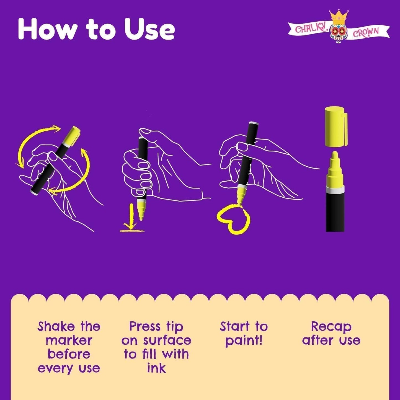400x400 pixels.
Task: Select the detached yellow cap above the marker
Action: (336, 126)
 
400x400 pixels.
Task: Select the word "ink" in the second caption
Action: (156, 368)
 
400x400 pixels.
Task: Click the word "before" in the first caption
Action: (69, 354)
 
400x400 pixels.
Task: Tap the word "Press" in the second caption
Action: (145, 327)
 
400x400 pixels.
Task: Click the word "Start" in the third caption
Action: (234, 327)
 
